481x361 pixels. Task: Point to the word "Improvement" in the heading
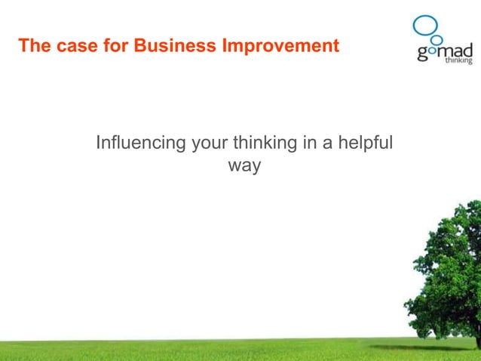[280, 47]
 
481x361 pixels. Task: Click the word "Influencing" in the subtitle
[141, 143]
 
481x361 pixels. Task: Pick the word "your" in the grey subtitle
[211, 143]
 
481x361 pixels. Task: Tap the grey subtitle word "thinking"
[266, 143]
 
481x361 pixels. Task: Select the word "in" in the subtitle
[310, 143]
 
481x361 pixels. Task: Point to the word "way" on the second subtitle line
[244, 165]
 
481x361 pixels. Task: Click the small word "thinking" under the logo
[458, 61]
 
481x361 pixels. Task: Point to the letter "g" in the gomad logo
[421, 54]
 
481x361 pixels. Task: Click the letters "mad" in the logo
[455, 50]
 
